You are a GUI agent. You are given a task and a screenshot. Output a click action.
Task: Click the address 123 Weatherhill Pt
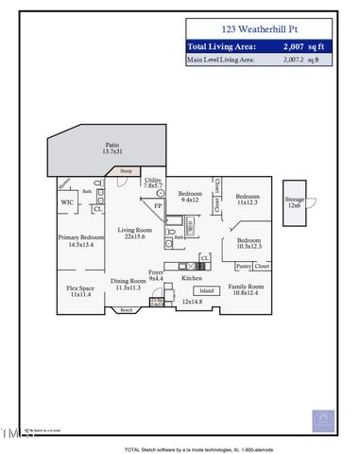(x=259, y=30)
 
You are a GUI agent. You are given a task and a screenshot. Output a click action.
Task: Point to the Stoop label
(x=126, y=171)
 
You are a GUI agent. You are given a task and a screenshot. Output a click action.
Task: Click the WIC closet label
(x=67, y=201)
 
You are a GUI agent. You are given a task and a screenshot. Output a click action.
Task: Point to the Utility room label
(x=154, y=183)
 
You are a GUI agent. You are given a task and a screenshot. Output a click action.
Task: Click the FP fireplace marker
(x=159, y=204)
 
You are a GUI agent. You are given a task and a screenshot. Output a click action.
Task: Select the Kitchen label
(x=192, y=279)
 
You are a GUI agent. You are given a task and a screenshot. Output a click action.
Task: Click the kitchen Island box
(x=206, y=290)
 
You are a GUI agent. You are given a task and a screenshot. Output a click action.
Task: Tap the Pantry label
(x=243, y=267)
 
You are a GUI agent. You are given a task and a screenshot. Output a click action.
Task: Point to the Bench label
(x=126, y=310)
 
